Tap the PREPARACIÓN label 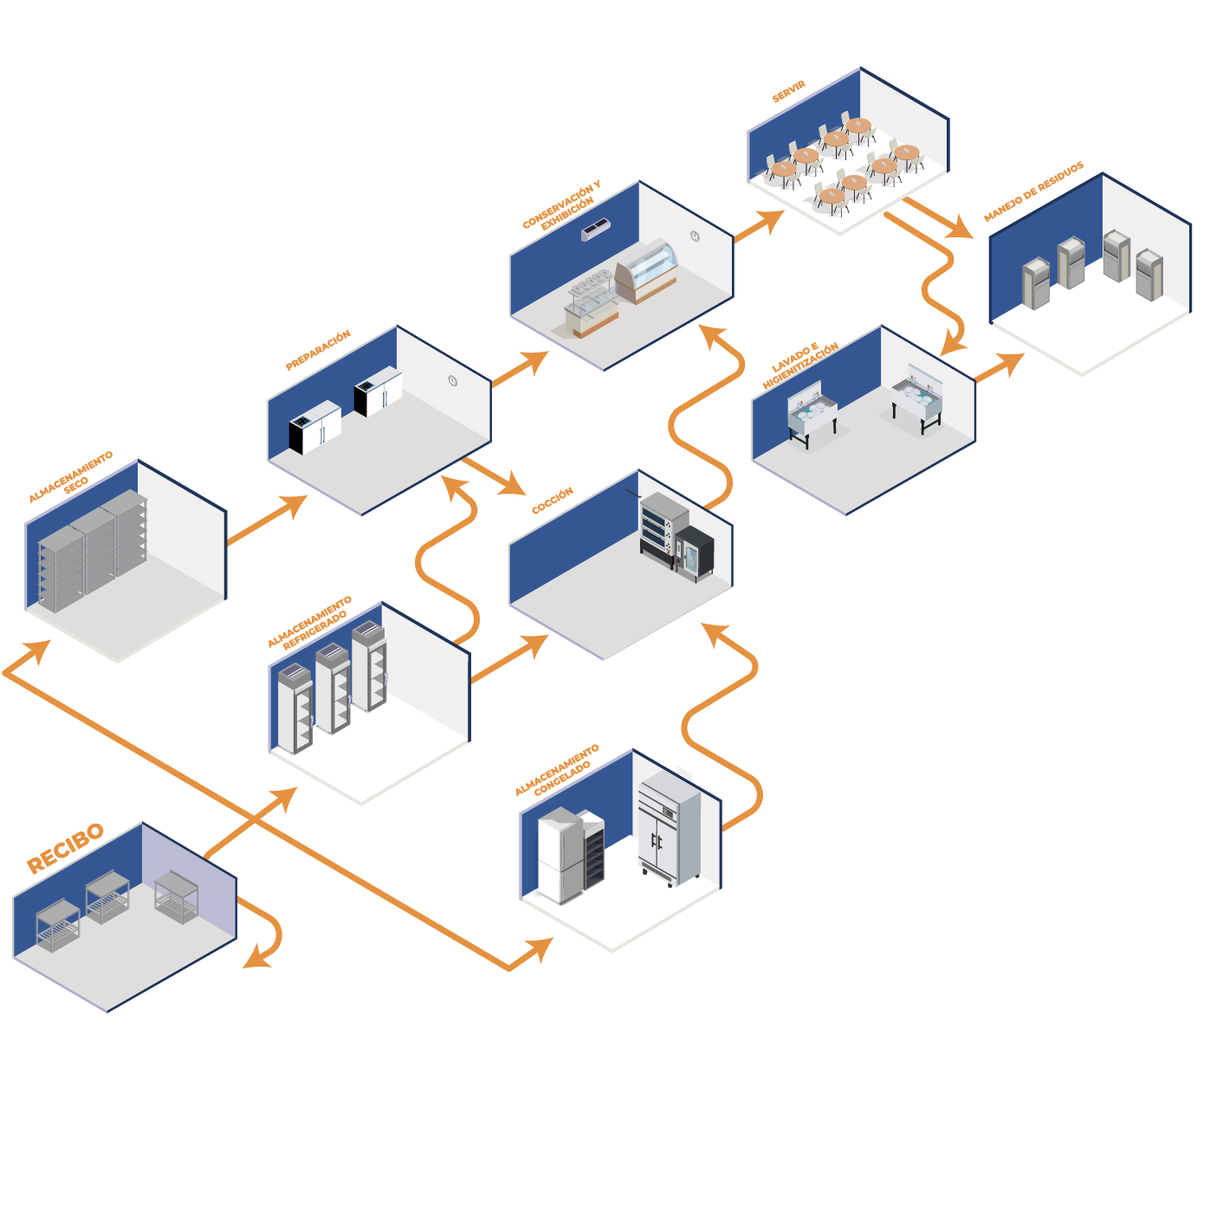pyautogui.click(x=318, y=350)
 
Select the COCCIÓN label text pyautogui.click(x=552, y=501)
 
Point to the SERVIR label pyautogui.click(x=788, y=92)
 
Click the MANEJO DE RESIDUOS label pyautogui.click(x=1033, y=191)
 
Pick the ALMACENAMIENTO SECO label pyautogui.click(x=71, y=477)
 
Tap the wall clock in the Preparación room pyautogui.click(x=452, y=380)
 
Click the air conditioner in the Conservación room pyautogui.click(x=595, y=230)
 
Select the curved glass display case pyautogui.click(x=647, y=269)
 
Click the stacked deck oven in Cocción pyautogui.click(x=663, y=525)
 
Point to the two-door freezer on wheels pyautogui.click(x=668, y=832)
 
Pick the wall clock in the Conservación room pyautogui.click(x=695, y=236)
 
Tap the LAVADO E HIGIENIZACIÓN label pyautogui.click(x=800, y=365)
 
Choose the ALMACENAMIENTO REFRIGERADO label pyautogui.click(x=310, y=622)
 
